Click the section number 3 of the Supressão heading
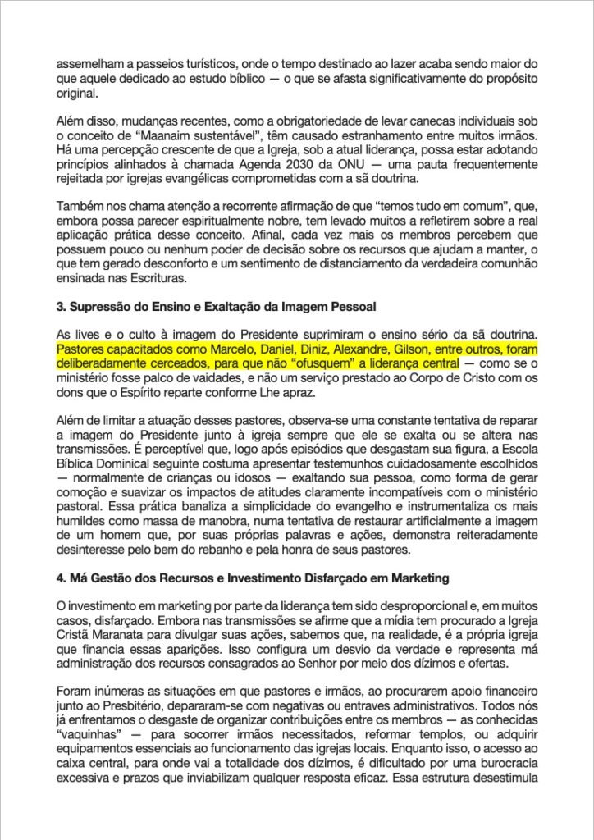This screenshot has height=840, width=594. (60, 308)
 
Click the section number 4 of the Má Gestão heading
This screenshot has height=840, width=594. (60, 578)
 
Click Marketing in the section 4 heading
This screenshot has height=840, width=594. (414, 578)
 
